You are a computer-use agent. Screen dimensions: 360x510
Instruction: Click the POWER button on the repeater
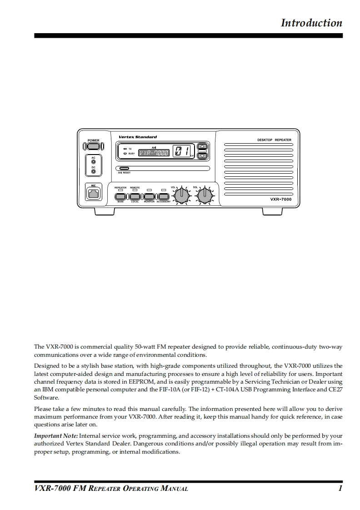coord(94,146)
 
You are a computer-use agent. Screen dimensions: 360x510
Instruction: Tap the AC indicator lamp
coord(94,162)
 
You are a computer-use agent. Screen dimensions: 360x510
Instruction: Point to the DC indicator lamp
coord(94,172)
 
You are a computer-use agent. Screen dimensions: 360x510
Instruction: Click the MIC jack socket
coord(94,194)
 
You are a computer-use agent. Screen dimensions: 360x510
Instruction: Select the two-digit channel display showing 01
coord(182,152)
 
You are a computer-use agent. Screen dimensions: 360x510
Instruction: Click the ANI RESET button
coord(124,169)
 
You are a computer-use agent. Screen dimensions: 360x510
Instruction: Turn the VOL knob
coord(182,195)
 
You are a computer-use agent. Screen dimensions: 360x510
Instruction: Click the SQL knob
coord(205,195)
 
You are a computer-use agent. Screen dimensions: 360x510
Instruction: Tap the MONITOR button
coord(149,196)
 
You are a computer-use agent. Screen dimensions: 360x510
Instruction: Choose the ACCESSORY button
coord(163,196)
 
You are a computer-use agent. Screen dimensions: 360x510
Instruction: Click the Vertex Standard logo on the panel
coord(137,137)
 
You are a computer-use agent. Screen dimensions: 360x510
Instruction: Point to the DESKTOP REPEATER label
coord(274,140)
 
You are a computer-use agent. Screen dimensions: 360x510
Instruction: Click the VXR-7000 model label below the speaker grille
coord(280,199)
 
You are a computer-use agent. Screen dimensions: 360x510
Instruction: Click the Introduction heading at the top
coord(311,23)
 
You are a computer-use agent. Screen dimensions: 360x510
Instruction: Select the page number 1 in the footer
coord(340,489)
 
